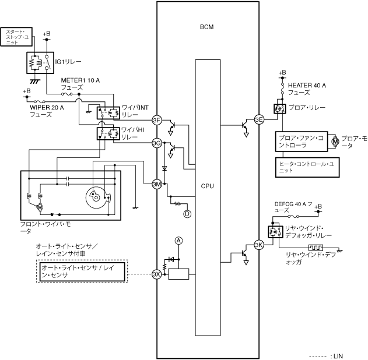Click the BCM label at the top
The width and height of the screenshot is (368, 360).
(x=207, y=27)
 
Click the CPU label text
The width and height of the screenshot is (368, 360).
(x=208, y=186)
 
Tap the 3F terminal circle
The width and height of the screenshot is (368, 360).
(x=157, y=121)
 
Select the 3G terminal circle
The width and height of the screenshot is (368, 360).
(x=157, y=143)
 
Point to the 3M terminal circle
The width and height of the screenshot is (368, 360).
(x=157, y=184)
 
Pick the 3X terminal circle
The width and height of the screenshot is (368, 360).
(x=156, y=274)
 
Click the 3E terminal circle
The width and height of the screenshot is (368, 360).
(x=259, y=119)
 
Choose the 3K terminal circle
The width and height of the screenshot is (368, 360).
(x=259, y=245)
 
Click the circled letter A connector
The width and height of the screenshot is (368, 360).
(x=179, y=241)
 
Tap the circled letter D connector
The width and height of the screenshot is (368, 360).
(x=187, y=214)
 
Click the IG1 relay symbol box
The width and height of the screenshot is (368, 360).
(x=40, y=63)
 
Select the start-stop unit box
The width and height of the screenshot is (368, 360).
(x=16, y=37)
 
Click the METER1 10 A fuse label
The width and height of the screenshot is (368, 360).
(x=80, y=84)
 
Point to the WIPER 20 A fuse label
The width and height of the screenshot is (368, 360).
(x=47, y=111)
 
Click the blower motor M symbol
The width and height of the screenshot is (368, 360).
(x=335, y=142)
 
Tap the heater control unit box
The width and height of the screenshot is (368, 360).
(x=307, y=167)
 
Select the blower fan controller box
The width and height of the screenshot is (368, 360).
(x=302, y=142)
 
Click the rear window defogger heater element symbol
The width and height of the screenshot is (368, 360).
(x=316, y=248)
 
